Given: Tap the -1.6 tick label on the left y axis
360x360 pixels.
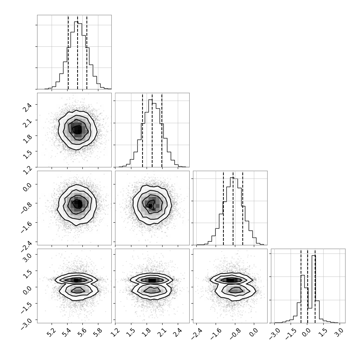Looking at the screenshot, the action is pyautogui.click(x=26, y=227).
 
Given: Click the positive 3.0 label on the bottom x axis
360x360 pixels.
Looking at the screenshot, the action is pyautogui.click(x=339, y=333).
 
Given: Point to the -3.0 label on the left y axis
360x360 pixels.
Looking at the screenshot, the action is pyautogui.click(x=26, y=324).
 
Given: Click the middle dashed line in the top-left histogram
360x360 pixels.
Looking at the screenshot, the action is pyautogui.click(x=77, y=52).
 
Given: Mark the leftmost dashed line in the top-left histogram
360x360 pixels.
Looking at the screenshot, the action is pyautogui.click(x=68, y=52).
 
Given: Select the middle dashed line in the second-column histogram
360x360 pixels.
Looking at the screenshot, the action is pyautogui.click(x=152, y=130).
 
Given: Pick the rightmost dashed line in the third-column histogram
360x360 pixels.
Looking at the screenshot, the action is pyautogui.click(x=243, y=208).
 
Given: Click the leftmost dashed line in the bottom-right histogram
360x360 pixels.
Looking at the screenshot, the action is pyautogui.click(x=301, y=286).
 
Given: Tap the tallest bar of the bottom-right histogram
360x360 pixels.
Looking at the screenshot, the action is pyautogui.click(x=314, y=289).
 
